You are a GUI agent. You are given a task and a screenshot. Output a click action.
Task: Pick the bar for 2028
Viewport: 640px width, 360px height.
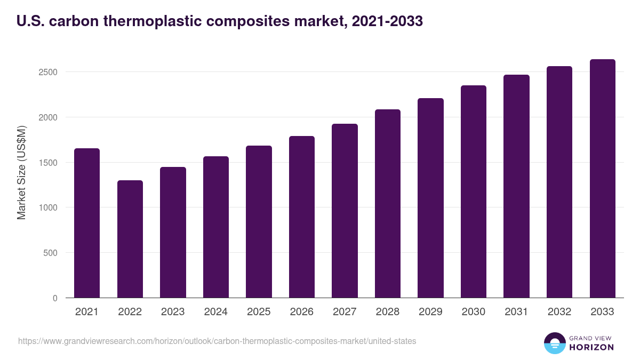(388, 204)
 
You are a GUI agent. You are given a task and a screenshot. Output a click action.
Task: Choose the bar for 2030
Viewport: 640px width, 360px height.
(474, 191)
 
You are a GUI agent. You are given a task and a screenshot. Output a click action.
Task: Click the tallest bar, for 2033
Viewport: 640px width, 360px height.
(602, 179)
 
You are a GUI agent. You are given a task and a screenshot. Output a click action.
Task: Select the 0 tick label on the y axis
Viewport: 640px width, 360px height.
(55, 299)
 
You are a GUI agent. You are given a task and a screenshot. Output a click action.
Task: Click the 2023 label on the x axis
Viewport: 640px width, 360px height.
(173, 312)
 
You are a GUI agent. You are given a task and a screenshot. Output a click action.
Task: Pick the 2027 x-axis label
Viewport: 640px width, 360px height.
(345, 312)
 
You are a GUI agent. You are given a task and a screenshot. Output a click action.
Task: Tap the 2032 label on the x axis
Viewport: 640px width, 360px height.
(559, 312)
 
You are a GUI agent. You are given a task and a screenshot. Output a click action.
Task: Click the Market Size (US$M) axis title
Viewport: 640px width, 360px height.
(21, 172)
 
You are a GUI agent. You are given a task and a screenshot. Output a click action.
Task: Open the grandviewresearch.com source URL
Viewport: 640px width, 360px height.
(217, 341)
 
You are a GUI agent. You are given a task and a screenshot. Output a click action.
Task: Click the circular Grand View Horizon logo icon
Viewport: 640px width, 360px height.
(555, 343)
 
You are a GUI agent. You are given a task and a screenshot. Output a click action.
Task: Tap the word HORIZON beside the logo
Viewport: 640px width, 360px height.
(591, 347)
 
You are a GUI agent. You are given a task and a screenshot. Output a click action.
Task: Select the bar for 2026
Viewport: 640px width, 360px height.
(302, 217)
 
